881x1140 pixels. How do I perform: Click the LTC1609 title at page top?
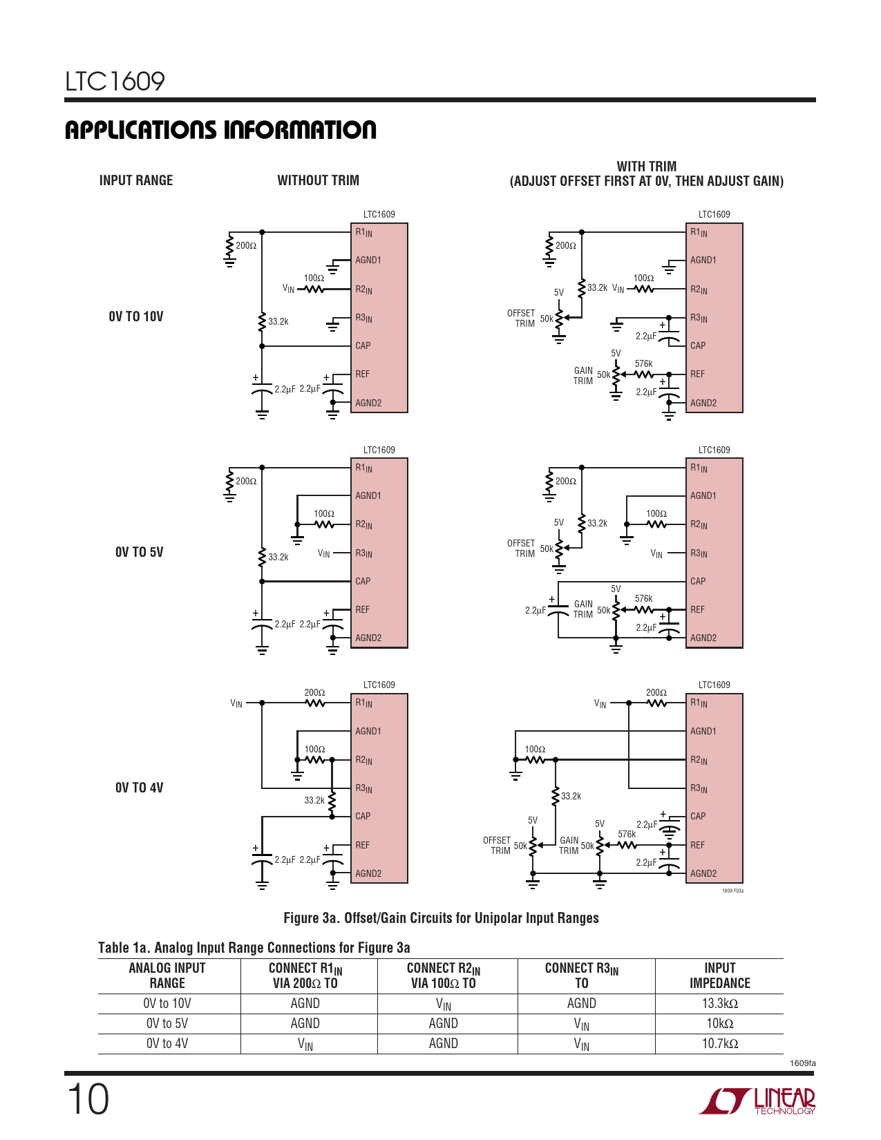(x=115, y=82)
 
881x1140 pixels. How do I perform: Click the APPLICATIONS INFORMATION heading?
(x=220, y=130)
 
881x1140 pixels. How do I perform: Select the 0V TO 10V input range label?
(x=136, y=316)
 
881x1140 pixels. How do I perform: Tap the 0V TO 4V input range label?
(x=139, y=788)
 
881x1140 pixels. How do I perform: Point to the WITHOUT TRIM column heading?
(x=318, y=180)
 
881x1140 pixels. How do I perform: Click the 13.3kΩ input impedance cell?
(x=719, y=1003)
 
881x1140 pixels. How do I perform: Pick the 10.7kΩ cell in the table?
(x=719, y=1043)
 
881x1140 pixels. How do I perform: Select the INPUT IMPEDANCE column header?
(x=719, y=976)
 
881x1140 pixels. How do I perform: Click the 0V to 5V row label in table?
(x=167, y=1023)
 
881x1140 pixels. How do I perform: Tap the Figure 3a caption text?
(x=441, y=918)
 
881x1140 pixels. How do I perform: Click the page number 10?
(x=88, y=1099)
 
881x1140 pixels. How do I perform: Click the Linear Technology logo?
(x=757, y=1101)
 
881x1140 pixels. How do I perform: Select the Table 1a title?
(x=254, y=947)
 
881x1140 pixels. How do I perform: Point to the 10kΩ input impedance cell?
(x=719, y=1023)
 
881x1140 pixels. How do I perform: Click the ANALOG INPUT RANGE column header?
(x=167, y=976)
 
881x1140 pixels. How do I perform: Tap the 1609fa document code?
(x=802, y=1063)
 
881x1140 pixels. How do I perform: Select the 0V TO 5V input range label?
(x=139, y=552)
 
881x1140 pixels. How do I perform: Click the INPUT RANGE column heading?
(x=136, y=180)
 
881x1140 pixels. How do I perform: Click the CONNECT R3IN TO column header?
(x=582, y=976)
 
